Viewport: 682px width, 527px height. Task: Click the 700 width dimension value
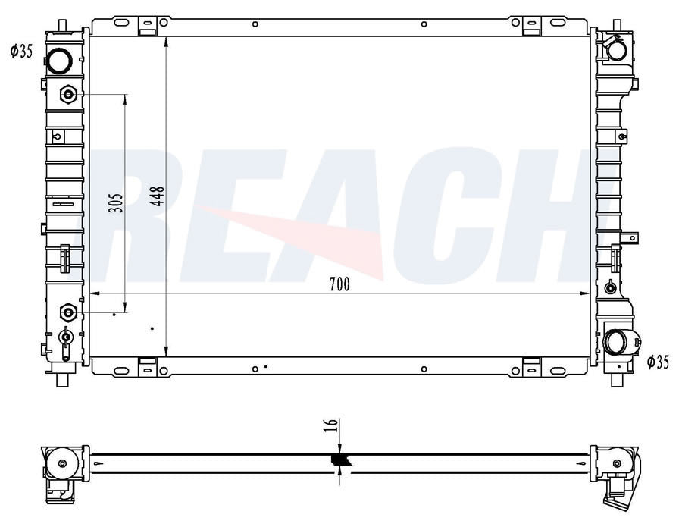pyautogui.click(x=339, y=284)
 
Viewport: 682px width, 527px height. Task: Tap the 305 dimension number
pyautogui.click(x=116, y=202)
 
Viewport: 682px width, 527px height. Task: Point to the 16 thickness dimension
pyautogui.click(x=331, y=425)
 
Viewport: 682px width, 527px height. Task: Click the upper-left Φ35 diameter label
pyautogui.click(x=22, y=52)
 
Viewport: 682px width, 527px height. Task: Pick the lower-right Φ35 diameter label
pyautogui.click(x=658, y=362)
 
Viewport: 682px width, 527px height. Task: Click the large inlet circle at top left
pyautogui.click(x=59, y=61)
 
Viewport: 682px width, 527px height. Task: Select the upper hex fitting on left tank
pyautogui.click(x=68, y=95)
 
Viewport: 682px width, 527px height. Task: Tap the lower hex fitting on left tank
pyautogui.click(x=68, y=312)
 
